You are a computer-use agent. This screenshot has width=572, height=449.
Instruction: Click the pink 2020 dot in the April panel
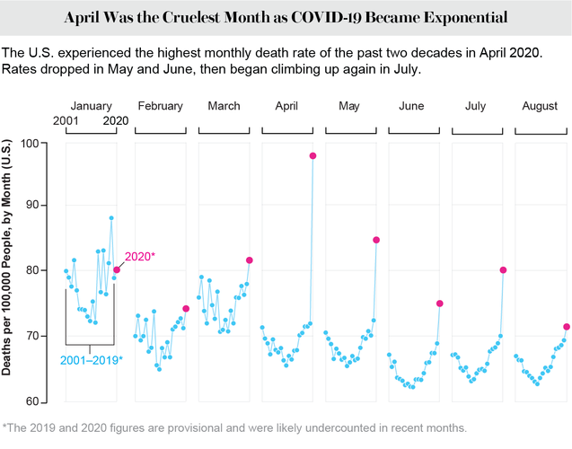pyautogui.click(x=312, y=156)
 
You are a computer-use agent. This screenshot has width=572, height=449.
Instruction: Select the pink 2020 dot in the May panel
pyautogui.click(x=376, y=240)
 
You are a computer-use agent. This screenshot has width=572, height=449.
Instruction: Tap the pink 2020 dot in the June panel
pyautogui.click(x=440, y=304)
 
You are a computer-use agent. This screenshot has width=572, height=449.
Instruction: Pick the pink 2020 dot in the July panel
pyautogui.click(x=503, y=270)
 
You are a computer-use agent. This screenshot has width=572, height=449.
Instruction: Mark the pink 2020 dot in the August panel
pyautogui.click(x=567, y=327)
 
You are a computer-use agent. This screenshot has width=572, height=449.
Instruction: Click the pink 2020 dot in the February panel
pyautogui.click(x=186, y=309)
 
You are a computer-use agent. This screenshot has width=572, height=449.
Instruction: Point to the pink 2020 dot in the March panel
pyautogui.click(x=250, y=260)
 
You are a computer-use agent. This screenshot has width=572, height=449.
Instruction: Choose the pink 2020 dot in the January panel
pyautogui.click(x=117, y=269)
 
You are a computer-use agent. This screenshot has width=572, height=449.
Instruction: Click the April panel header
pyautogui.click(x=286, y=107)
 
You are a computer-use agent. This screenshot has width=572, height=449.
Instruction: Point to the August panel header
pyautogui.click(x=541, y=107)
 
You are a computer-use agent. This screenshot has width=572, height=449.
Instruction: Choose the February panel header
pyautogui.click(x=160, y=107)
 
